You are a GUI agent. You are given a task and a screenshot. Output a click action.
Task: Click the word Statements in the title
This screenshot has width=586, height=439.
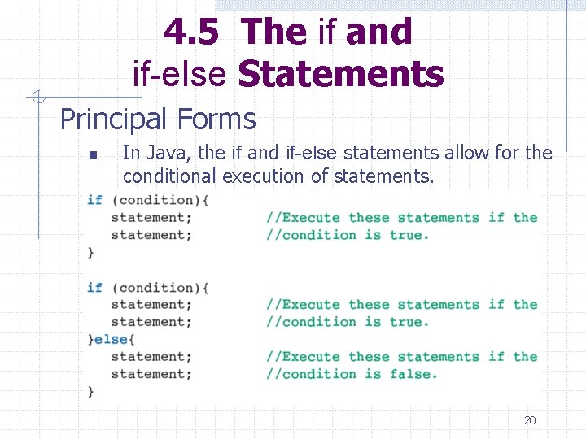(340, 75)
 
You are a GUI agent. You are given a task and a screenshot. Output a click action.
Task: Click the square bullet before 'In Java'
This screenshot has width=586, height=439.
(94, 154)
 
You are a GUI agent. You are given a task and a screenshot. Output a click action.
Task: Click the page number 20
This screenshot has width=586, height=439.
(530, 420)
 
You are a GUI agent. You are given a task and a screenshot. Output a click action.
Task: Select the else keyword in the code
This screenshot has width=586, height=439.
(111, 339)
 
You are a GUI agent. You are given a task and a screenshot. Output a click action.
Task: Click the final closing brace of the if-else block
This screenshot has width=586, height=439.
(91, 391)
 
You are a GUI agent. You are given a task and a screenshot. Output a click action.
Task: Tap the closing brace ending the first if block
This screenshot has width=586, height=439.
(91, 252)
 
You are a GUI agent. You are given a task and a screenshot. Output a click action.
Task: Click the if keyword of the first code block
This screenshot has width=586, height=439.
(94, 199)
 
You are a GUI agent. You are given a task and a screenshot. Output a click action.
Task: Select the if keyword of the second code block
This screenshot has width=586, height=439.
(94, 287)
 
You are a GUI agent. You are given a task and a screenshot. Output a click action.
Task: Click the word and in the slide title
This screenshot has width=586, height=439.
(378, 33)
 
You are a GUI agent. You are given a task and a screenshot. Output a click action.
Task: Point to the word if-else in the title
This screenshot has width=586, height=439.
(179, 75)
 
